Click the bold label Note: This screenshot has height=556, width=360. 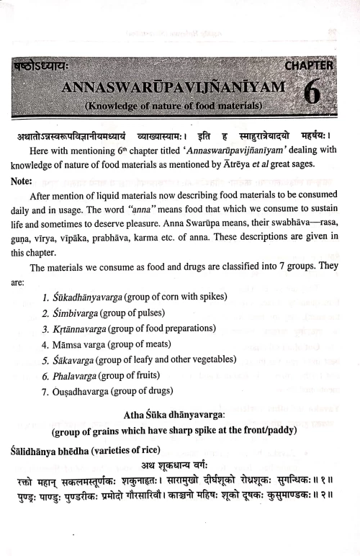27,181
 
